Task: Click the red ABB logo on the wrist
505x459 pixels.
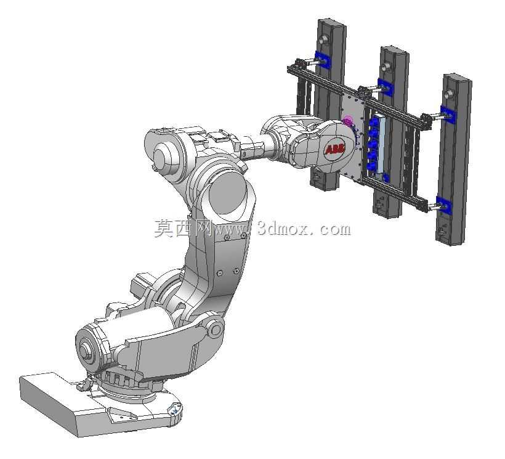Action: coord(335,150)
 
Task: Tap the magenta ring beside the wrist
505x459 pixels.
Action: coord(348,121)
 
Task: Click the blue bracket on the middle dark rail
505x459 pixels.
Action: coord(384,87)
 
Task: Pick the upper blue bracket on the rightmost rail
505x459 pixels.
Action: coord(447,114)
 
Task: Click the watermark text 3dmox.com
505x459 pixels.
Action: coord(304,229)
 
